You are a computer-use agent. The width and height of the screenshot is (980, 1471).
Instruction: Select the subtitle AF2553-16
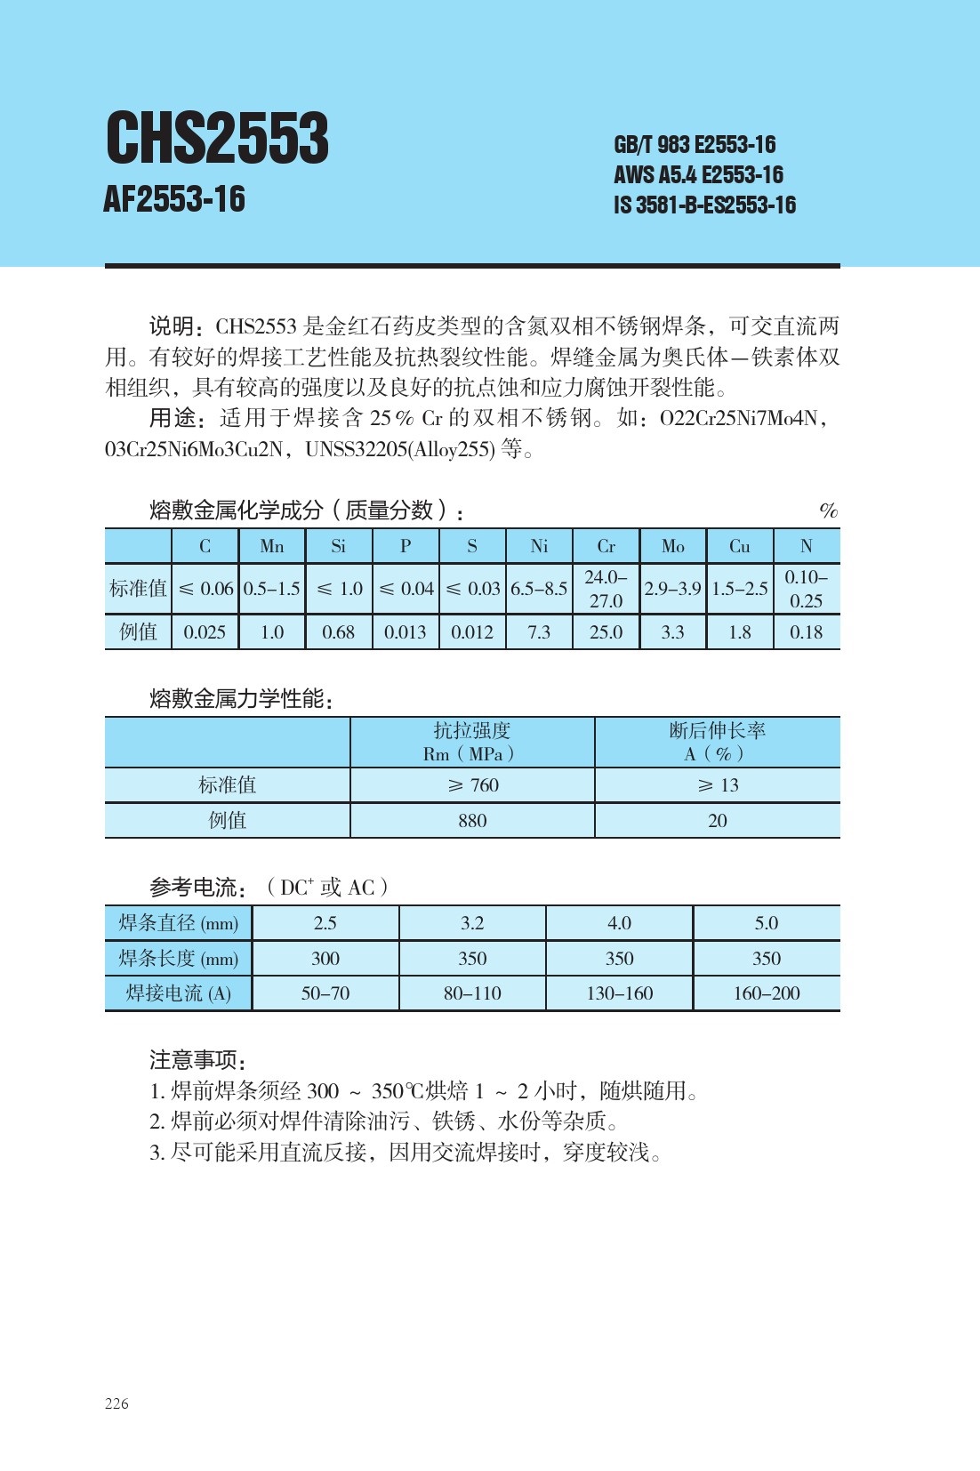tap(174, 199)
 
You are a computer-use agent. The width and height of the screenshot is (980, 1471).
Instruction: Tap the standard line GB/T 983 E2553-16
tap(694, 145)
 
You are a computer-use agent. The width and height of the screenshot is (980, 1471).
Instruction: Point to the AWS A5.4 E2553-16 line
tap(698, 174)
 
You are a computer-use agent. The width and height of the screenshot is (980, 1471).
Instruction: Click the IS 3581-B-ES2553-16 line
tap(704, 205)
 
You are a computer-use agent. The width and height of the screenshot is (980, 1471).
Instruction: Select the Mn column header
tap(271, 546)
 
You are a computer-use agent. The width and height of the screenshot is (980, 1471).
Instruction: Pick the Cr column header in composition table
tap(606, 546)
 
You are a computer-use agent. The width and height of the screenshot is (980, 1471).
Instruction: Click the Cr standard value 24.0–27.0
tap(606, 589)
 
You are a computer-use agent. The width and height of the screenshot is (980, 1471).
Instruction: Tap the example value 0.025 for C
tap(205, 632)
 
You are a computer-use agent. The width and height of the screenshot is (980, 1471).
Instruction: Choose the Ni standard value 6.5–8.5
tap(539, 589)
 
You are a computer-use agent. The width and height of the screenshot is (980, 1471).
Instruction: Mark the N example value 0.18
tap(806, 632)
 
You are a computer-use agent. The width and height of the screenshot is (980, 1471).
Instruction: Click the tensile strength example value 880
tap(472, 821)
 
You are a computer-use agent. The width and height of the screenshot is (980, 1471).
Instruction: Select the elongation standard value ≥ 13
tap(718, 785)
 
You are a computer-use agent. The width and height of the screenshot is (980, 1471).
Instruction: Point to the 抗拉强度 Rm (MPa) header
tap(472, 742)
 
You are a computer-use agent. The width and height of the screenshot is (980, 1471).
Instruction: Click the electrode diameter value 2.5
tap(325, 923)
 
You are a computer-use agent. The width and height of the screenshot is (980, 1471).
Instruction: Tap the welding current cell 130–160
tap(619, 993)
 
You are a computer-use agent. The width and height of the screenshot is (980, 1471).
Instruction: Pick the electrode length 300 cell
tap(325, 959)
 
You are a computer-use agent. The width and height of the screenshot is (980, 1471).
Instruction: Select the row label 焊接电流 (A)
tap(179, 993)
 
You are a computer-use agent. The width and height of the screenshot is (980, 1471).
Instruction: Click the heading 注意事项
tap(197, 1059)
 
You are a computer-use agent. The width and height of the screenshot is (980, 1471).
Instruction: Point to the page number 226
tap(116, 1403)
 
